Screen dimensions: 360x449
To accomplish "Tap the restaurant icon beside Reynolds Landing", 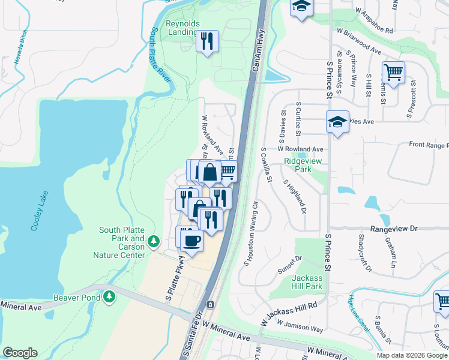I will (x=207, y=42).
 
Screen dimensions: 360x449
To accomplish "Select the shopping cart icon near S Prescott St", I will (x=393, y=73).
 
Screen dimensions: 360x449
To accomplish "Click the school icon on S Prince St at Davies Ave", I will (x=338, y=122).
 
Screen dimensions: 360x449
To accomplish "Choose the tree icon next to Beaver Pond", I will (x=109, y=296).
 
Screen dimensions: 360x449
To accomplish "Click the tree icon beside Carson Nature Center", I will (x=154, y=241).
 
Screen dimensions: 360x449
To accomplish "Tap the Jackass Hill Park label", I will (x=307, y=282).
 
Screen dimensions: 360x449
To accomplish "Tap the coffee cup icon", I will (x=191, y=241).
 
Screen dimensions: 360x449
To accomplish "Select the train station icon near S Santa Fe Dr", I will (x=210, y=305).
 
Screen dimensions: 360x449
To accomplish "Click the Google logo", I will (x=20, y=353).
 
